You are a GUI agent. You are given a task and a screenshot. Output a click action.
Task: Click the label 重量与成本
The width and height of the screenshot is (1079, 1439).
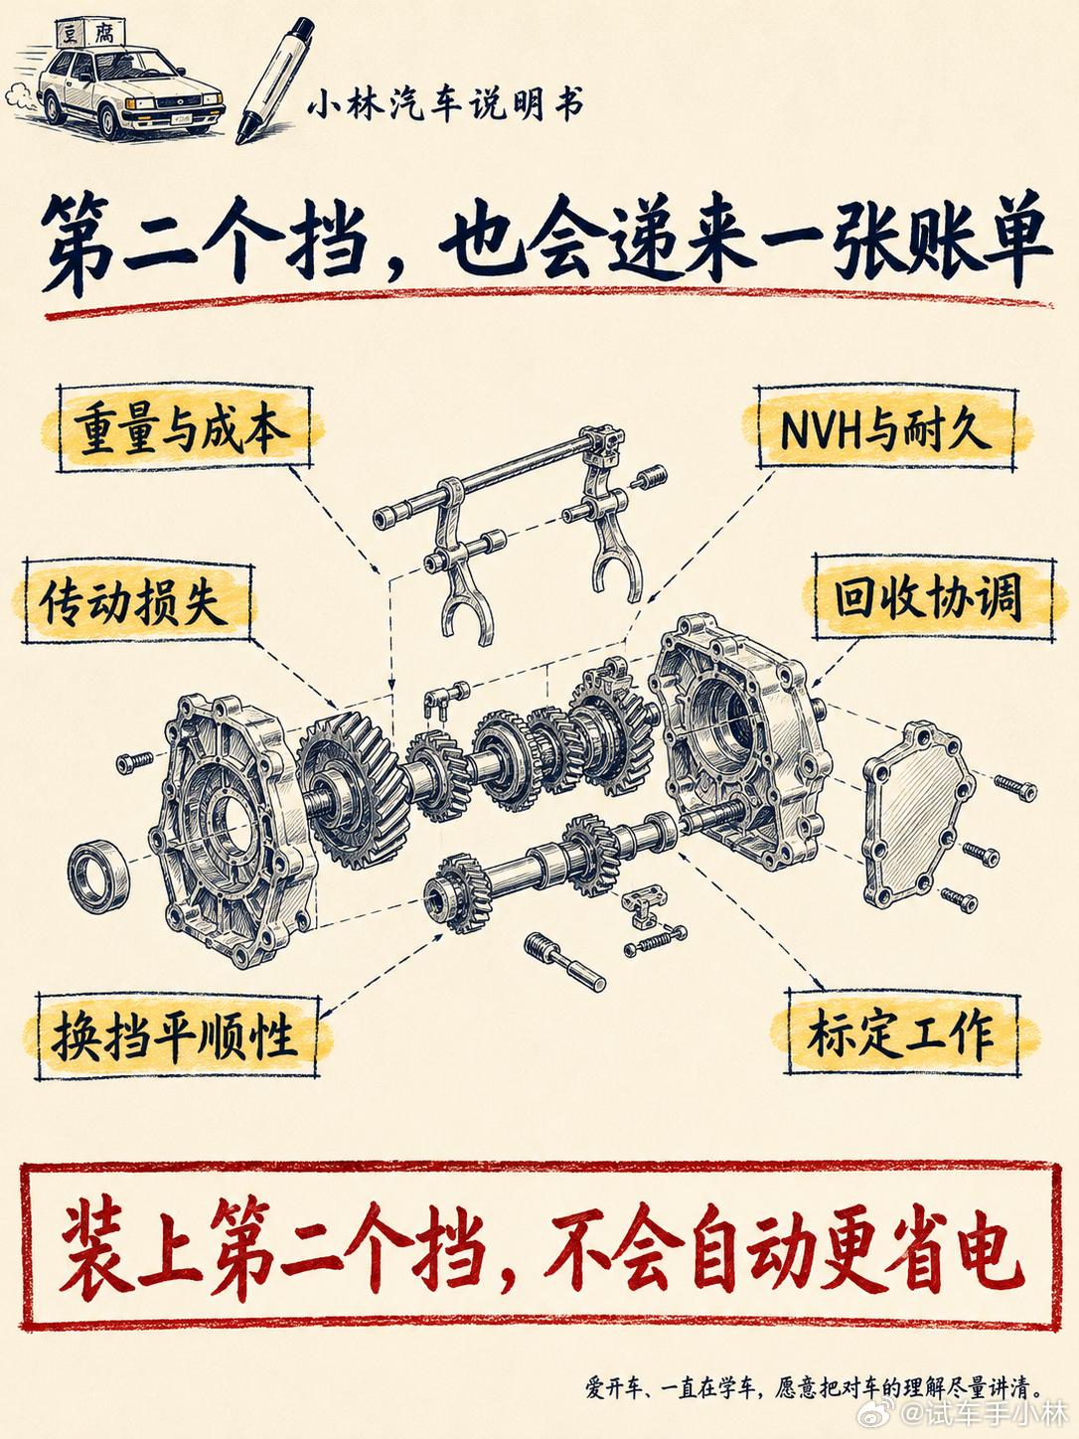(184, 429)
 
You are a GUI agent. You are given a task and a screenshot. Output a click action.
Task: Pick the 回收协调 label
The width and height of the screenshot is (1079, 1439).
(933, 598)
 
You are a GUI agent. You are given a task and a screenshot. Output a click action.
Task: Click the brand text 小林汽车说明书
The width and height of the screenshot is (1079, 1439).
(446, 105)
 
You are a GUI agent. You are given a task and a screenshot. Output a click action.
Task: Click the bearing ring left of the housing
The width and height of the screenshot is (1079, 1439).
(99, 876)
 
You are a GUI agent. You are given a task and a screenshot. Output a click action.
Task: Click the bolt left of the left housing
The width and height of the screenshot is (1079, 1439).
(135, 762)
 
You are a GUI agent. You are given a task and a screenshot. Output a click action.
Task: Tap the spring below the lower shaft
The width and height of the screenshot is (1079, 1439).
(657, 942)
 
